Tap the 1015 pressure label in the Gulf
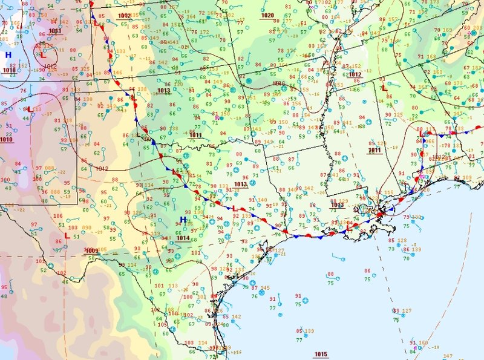point(321,354)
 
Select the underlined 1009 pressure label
point(92,250)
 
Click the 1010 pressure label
point(6,140)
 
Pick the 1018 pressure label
point(8,70)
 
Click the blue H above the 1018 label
point(8,55)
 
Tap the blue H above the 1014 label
point(183,220)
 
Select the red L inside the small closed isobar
point(43,53)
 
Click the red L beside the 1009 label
point(67,235)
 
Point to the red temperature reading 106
point(58,216)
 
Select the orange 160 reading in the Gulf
point(422,344)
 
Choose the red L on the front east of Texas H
point(235,208)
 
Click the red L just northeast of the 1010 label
point(28,110)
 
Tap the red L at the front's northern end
point(95,22)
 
